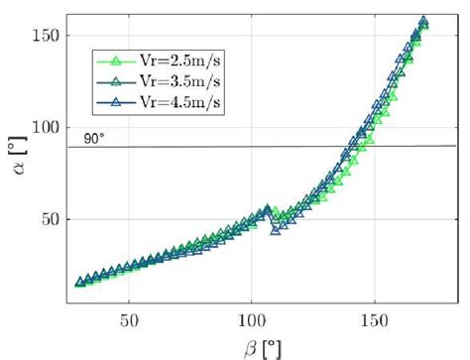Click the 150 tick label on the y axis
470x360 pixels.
pos(47,36)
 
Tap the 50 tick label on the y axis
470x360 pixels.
pos(51,219)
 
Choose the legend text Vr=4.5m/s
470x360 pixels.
pos(164,100)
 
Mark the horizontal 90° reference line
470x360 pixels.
pos(297,146)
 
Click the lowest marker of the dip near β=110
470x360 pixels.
pos(277,230)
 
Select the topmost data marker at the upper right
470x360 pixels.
pos(423,21)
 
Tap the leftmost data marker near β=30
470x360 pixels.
pos(80,283)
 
